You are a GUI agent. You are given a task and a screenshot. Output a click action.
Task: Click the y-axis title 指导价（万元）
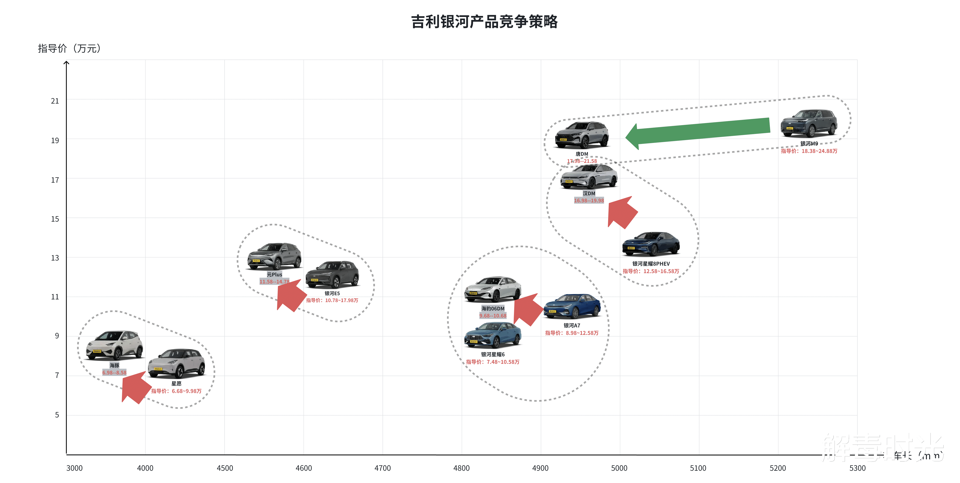69,48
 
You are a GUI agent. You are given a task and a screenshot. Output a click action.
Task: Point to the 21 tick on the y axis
55,101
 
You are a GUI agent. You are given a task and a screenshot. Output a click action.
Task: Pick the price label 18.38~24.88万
809,151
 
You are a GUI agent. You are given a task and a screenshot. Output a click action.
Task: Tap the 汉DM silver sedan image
589,176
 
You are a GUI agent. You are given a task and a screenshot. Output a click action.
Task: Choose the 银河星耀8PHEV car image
651,244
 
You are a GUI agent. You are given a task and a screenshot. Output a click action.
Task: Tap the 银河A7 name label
572,326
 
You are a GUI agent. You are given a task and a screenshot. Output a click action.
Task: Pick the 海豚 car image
114,345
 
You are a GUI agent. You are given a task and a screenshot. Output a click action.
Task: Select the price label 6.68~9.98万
176,391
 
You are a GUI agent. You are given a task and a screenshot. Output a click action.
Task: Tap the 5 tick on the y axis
57,415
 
